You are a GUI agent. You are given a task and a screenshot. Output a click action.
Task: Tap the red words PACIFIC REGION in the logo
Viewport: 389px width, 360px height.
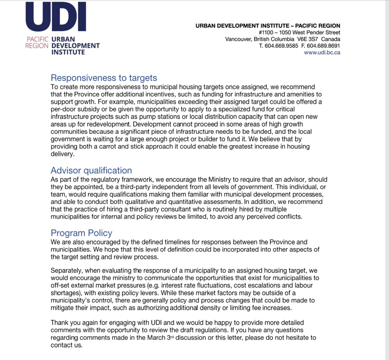[x=37, y=42]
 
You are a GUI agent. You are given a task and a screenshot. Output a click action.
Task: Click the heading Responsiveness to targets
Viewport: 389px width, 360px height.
[x=104, y=78]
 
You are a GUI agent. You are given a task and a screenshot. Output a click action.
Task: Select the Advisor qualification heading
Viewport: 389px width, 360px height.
[x=91, y=171]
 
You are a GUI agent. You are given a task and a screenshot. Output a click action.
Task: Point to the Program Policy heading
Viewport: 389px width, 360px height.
[x=81, y=233]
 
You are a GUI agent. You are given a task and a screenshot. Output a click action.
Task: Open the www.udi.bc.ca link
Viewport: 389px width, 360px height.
[x=322, y=52]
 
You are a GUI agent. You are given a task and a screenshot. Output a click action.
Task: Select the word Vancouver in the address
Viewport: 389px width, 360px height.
[x=239, y=39]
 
